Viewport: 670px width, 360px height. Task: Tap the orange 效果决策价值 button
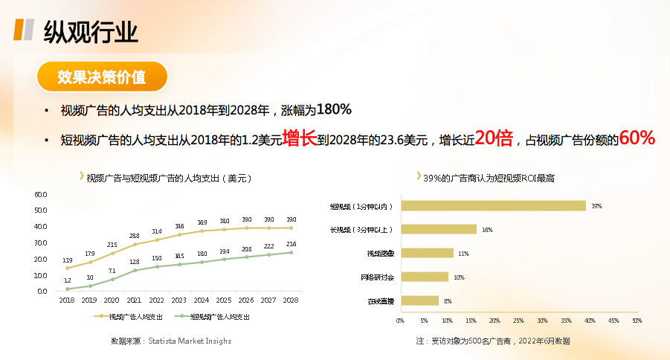tap(102, 77)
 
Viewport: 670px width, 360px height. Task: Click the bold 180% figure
tap(334, 110)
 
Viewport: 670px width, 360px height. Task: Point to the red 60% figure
tap(637, 138)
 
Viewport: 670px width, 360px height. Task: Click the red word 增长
tap(300, 138)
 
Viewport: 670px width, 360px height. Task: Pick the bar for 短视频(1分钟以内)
tap(493, 206)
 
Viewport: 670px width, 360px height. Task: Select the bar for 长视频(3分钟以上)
tap(438, 230)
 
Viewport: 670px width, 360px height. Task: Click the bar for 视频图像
tap(426, 253)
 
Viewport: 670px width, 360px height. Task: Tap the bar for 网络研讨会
tap(424, 277)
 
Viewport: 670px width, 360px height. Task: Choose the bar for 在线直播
tap(419, 300)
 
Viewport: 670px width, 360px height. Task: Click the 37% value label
tap(596, 206)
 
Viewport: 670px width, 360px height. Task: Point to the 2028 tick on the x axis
tap(291, 300)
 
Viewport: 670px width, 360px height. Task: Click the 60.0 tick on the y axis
tap(41, 195)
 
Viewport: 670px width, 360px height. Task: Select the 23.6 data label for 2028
tap(291, 244)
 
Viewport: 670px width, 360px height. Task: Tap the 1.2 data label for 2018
tap(68, 280)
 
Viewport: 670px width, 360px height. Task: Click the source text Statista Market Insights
tap(190, 341)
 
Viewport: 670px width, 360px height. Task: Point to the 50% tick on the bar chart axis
tap(637, 321)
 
